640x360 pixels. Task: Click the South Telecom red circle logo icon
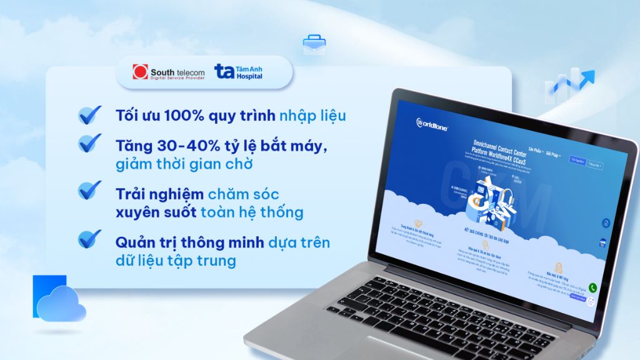coord(139,72)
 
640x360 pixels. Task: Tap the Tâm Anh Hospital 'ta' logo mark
coord(224,71)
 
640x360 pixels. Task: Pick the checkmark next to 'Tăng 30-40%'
coord(90,142)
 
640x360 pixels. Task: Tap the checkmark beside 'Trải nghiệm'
coord(90,189)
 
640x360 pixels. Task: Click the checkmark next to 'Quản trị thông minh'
coord(90,239)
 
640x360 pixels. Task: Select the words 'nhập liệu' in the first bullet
coord(312,116)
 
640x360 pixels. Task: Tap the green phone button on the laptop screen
coord(592,288)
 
